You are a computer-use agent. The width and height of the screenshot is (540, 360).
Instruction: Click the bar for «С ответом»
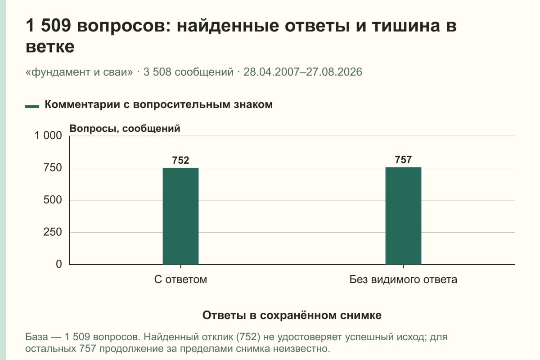pyautogui.click(x=180, y=216)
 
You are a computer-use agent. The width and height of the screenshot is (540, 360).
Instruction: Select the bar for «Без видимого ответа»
pyautogui.click(x=403, y=216)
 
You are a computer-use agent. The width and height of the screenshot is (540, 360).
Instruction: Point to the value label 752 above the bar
pyautogui.click(x=180, y=160)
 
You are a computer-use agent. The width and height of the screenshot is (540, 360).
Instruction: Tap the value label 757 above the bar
pyautogui.click(x=403, y=160)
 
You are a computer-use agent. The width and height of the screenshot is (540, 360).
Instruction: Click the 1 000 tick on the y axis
pyautogui.click(x=48, y=135)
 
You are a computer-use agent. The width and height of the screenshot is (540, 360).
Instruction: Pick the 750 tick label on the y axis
pyautogui.click(x=53, y=168)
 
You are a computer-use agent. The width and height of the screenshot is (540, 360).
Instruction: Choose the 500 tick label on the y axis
pyautogui.click(x=53, y=200)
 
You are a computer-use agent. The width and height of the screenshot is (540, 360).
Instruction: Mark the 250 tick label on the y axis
pyautogui.click(x=53, y=232)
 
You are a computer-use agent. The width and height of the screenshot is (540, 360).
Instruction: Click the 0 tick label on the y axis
pyautogui.click(x=59, y=264)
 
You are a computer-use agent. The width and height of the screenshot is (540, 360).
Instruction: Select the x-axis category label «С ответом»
pyautogui.click(x=180, y=279)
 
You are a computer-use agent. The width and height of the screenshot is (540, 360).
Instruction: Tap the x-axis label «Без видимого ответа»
pyautogui.click(x=403, y=279)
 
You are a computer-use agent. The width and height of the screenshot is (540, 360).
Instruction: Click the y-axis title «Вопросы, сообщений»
pyautogui.click(x=125, y=129)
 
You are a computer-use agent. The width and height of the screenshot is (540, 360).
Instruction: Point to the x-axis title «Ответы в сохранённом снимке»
pyautogui.click(x=292, y=315)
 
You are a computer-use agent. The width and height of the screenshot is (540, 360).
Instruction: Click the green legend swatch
pyautogui.click(x=32, y=106)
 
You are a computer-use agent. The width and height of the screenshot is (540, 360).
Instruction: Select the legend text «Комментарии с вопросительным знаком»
pyautogui.click(x=158, y=105)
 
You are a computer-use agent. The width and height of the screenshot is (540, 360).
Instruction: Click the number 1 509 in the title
pyautogui.click(x=48, y=25)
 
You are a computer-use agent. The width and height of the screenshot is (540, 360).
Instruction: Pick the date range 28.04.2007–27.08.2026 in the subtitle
pyautogui.click(x=303, y=72)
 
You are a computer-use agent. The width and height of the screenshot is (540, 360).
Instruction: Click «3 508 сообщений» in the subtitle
pyautogui.click(x=188, y=72)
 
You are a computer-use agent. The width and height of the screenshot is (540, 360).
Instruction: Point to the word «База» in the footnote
pyautogui.click(x=36, y=337)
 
